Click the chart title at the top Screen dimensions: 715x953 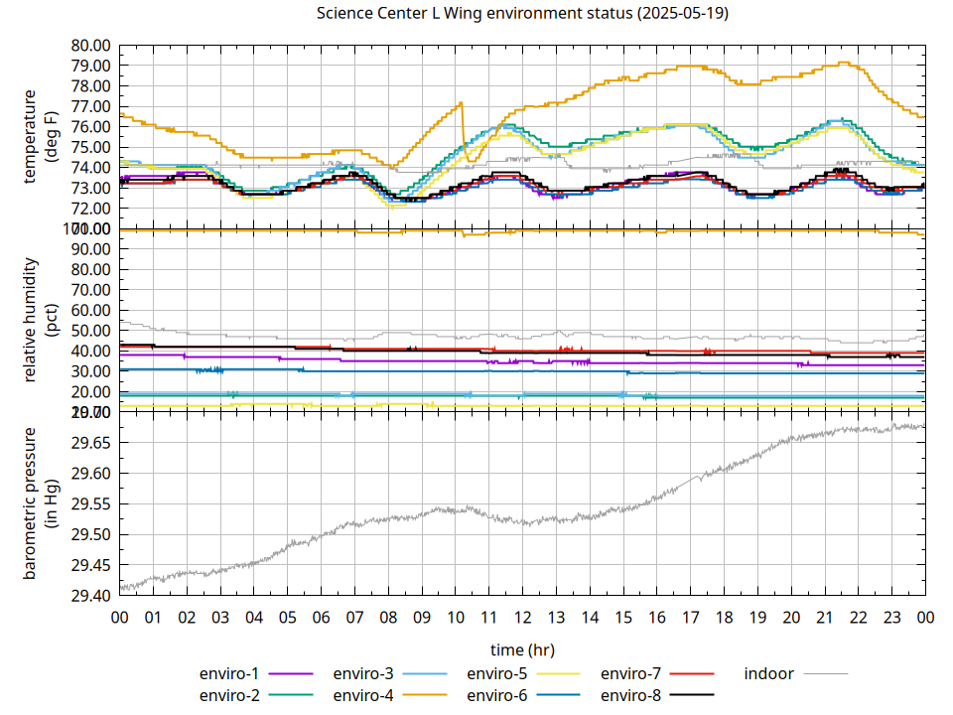point(522,14)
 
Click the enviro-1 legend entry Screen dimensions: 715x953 point(230,673)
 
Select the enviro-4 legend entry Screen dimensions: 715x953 point(363,695)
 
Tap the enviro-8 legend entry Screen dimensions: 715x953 point(631,695)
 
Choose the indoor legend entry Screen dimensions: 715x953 point(769,673)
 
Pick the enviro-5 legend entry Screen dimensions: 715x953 point(497,673)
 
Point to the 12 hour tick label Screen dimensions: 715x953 point(522,618)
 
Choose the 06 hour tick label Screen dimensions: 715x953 point(321,618)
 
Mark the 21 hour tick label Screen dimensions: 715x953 point(824,618)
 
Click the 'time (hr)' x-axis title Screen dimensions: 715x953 point(522,649)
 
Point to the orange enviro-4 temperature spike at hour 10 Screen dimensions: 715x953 point(461,103)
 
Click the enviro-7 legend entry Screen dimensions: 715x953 point(631,673)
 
